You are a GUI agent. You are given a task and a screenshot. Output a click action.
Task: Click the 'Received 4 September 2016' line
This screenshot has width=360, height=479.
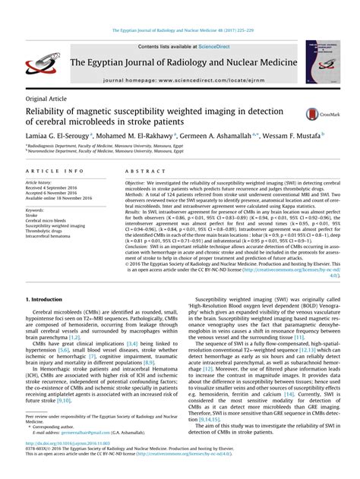[x=55, y=188]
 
